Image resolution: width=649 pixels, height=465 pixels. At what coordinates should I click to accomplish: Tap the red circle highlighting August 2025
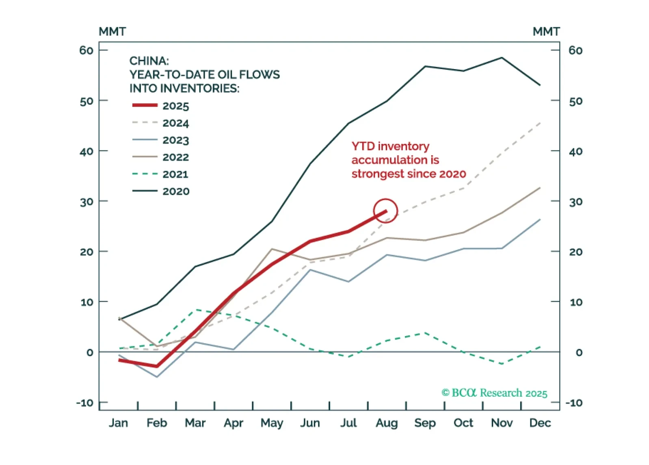coord(385,211)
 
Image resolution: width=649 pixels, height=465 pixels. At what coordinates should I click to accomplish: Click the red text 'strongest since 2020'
coord(409,174)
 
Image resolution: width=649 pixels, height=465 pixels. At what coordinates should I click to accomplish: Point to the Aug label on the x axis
coord(386,423)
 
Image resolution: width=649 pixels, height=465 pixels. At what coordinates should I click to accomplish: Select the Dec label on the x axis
coord(540,423)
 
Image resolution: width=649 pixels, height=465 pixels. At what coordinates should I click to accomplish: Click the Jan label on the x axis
coord(118,423)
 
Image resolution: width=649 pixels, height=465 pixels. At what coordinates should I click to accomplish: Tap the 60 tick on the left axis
coord(87,50)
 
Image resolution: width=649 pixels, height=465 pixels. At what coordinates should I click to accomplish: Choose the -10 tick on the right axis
coord(574,403)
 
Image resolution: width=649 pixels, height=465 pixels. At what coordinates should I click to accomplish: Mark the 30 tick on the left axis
coord(87,202)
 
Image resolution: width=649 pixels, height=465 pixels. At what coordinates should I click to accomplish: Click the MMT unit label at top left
coord(112,32)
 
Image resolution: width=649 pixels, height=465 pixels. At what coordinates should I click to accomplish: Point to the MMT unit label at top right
coord(546,32)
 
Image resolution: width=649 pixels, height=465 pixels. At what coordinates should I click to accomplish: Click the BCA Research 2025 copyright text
coord(494,393)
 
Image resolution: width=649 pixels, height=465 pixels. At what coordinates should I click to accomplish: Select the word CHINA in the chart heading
coord(149,61)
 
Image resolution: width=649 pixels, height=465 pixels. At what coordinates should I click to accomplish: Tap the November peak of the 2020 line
coord(502,58)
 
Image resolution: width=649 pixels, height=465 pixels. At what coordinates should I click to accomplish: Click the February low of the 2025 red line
coord(157,366)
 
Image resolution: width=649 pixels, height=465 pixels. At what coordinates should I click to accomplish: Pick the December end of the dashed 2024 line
coord(540,122)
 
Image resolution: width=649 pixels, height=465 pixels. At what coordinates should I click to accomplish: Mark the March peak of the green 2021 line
coord(195,310)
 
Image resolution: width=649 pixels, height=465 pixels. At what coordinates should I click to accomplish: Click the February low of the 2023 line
coord(157,377)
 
